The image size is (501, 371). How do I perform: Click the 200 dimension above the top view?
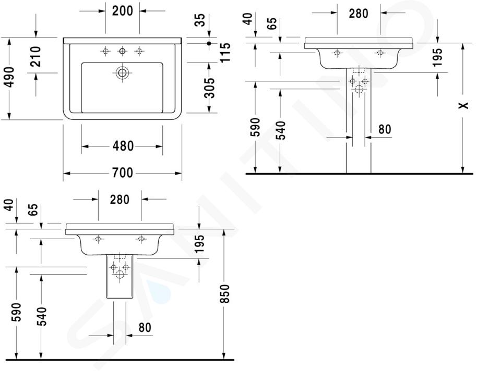(122, 11)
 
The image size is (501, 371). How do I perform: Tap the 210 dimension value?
(36, 56)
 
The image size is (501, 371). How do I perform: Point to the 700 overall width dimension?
(122, 173)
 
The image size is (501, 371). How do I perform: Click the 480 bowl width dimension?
(123, 146)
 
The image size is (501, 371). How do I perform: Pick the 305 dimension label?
(210, 88)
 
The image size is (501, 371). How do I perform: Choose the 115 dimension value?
(225, 52)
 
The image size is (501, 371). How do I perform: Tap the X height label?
(463, 105)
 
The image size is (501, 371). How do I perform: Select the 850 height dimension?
(225, 293)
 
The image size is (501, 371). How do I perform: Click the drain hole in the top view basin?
(122, 73)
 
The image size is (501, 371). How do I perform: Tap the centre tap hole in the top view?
(122, 51)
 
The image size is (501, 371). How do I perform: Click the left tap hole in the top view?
(105, 51)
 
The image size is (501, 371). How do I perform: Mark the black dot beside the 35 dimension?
(209, 43)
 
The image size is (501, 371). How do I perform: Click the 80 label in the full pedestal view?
(385, 129)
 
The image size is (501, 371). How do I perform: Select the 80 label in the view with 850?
(145, 327)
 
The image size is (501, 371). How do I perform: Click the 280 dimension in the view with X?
(359, 14)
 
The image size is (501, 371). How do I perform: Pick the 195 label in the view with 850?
(199, 244)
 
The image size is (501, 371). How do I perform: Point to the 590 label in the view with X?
(255, 127)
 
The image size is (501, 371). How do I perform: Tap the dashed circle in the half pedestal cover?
(120, 274)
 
